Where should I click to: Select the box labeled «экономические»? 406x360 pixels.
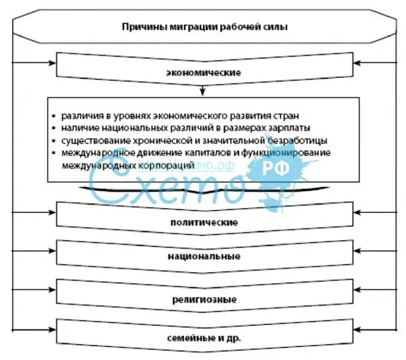pos(204,72)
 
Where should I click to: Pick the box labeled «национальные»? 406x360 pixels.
pos(204,256)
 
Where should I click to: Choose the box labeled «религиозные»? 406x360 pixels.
pos(204,298)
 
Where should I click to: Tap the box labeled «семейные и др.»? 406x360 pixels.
pos(204,338)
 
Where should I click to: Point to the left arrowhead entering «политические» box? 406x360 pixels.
pos(54,213)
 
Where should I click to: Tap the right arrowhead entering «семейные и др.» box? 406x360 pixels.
pos(354,328)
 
